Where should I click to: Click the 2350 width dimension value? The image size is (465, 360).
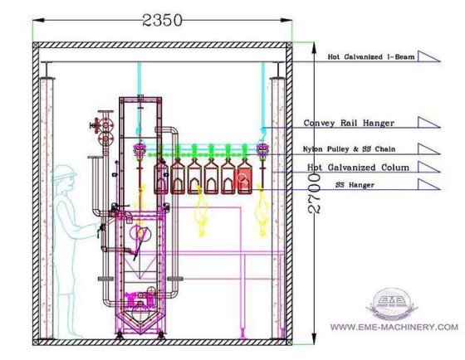[x=162, y=21]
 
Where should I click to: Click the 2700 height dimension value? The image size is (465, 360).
[x=314, y=193]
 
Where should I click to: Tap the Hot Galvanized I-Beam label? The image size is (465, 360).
[x=371, y=56]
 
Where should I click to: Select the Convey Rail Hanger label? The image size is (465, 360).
[x=349, y=123]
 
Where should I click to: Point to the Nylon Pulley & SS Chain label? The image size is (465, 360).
[x=349, y=148]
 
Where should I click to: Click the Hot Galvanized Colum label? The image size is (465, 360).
[x=358, y=168]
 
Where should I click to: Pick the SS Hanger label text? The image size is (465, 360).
[x=355, y=185]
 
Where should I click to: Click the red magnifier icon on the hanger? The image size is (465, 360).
[x=244, y=178]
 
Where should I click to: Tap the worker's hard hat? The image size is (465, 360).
[x=64, y=173]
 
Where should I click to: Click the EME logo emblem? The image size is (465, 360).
[x=391, y=304]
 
